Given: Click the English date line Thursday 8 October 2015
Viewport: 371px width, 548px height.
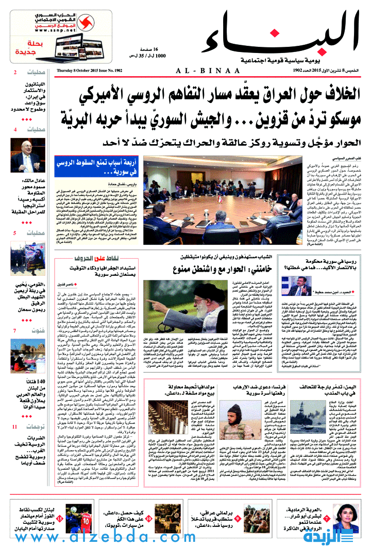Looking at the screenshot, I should point(90,70).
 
